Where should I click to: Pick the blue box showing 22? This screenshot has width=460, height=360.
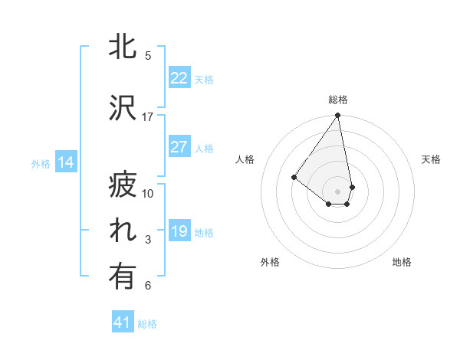point(179,78)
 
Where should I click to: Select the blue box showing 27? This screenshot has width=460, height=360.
point(179,148)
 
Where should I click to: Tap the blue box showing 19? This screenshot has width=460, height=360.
point(179,231)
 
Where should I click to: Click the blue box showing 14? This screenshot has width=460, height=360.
point(65,162)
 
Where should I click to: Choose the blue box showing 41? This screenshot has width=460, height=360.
point(123,322)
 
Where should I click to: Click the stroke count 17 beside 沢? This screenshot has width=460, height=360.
point(148,116)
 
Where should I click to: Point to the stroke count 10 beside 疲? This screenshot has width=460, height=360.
point(148,193)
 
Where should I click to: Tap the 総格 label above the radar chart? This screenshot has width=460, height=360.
point(338,100)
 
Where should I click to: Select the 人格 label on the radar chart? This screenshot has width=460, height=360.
point(245,159)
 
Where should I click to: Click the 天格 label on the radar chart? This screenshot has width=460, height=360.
point(431,159)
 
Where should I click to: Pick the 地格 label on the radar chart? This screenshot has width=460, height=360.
point(402,262)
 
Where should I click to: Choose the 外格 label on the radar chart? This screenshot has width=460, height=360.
point(270,262)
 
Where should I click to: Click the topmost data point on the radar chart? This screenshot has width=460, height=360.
point(337,116)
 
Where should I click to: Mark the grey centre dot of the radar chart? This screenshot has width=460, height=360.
point(337,191)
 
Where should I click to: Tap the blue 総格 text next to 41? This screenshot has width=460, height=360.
point(147,324)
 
